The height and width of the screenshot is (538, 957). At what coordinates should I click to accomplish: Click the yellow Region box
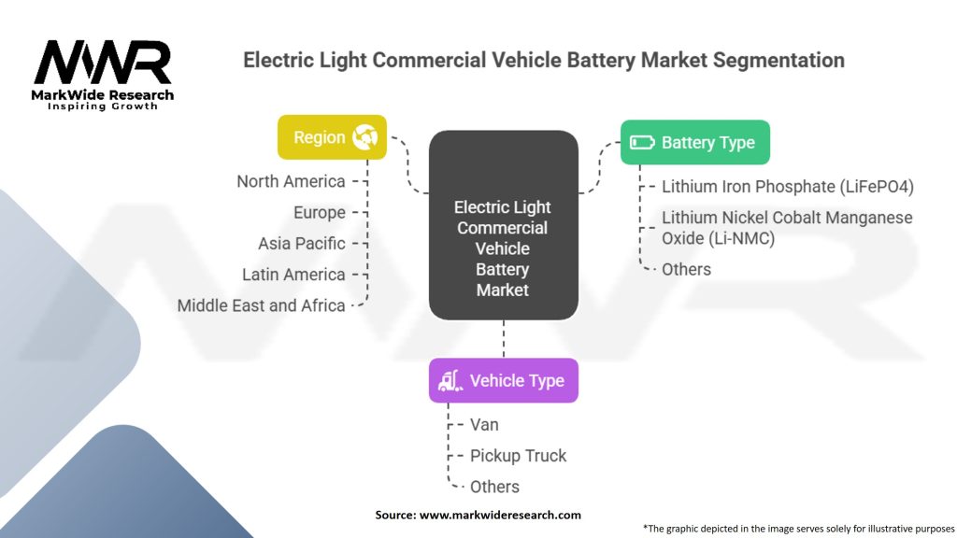(332, 137)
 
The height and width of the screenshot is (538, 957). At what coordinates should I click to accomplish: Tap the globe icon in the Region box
(364, 137)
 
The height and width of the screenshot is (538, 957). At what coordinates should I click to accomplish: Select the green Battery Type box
(694, 143)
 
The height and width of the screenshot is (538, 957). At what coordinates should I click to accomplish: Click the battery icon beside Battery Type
(643, 143)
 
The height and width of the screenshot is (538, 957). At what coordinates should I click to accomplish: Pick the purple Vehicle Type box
(503, 380)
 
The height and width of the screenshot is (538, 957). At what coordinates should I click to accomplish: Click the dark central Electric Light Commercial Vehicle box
(503, 225)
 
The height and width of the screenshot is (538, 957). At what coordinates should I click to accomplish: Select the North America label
(291, 181)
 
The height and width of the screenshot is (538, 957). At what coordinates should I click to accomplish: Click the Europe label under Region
(319, 212)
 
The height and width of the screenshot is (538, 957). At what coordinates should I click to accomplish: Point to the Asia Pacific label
(301, 243)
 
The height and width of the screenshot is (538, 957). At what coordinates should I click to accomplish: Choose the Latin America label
(293, 275)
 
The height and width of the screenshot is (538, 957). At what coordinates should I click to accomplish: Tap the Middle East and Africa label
(261, 305)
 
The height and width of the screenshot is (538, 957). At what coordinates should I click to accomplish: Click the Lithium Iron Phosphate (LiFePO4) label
(787, 186)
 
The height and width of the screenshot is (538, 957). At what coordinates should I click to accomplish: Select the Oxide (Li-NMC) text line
(718, 238)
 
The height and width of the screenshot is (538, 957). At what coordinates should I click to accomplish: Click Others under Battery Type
(686, 269)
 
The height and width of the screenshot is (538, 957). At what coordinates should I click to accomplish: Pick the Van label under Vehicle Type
(484, 424)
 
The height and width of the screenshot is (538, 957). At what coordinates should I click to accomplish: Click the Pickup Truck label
(518, 456)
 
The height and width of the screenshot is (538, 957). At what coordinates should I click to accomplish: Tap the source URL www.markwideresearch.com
(500, 515)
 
